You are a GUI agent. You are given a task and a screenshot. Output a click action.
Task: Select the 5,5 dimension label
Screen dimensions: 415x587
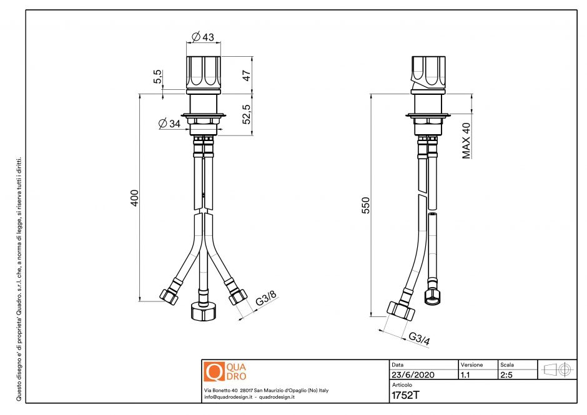tap(158, 77)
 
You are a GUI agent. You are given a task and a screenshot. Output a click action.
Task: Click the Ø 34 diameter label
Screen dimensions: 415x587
tap(170, 124)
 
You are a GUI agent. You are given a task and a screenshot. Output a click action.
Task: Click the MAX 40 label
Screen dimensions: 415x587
tap(466, 140)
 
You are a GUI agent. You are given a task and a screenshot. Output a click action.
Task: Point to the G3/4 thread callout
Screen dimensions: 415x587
tap(420, 338)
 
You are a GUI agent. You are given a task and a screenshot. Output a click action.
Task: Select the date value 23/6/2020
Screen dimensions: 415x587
tap(412, 376)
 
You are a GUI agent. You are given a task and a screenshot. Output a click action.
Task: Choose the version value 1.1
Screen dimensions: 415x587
tap(466, 376)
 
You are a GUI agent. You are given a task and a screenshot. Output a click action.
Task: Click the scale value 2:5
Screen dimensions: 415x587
tap(507, 376)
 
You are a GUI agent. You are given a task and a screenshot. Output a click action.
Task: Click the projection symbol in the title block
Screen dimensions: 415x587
tap(558, 369)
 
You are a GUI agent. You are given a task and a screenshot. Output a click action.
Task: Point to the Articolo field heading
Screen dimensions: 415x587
tap(401, 385)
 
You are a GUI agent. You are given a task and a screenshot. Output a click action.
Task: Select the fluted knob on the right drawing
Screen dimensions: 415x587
tap(429, 73)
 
